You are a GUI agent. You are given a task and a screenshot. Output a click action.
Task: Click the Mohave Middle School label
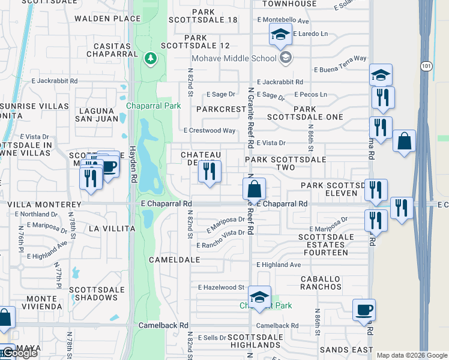point(234,58)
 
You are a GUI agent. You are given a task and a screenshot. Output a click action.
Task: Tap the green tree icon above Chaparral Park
point(150,58)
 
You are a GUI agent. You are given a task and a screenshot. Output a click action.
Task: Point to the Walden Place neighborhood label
point(98,19)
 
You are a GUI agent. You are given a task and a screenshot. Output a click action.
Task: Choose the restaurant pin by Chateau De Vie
point(209,172)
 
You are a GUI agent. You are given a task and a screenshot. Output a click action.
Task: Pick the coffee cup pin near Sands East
point(364,310)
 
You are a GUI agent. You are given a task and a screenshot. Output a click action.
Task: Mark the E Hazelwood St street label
point(221,288)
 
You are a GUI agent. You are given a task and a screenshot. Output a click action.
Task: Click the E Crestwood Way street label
point(209,130)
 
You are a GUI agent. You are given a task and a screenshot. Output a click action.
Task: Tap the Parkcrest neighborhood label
point(221,110)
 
